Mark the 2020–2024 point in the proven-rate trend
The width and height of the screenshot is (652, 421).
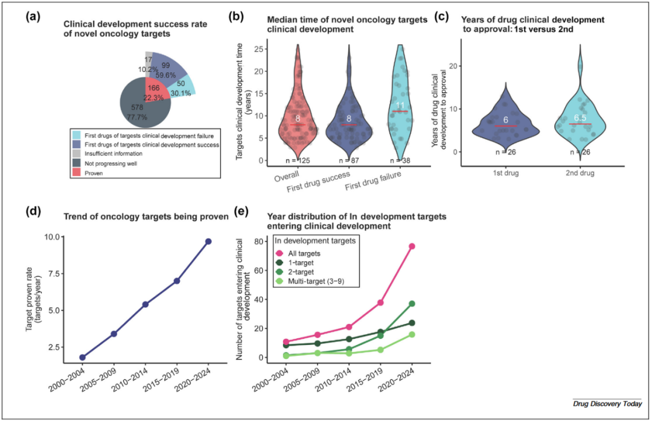pyautogui.click(x=208, y=241)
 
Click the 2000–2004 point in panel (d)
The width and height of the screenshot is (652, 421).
pyautogui.click(x=83, y=357)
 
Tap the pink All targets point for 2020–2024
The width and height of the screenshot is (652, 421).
pyautogui.click(x=412, y=246)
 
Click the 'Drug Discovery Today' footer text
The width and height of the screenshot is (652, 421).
pyautogui.click(x=607, y=404)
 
